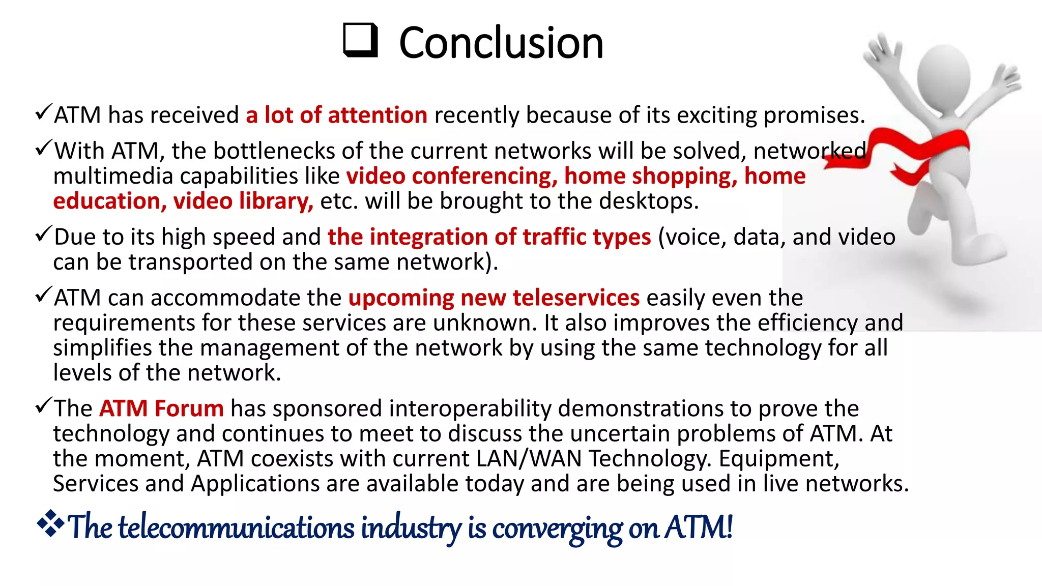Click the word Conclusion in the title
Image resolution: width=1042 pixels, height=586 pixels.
pyautogui.click(x=501, y=43)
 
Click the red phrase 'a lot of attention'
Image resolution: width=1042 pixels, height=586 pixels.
pyautogui.click(x=336, y=115)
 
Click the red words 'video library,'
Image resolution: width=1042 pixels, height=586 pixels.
pyautogui.click(x=243, y=201)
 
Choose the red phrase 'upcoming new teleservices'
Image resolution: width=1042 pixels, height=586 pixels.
pyautogui.click(x=494, y=298)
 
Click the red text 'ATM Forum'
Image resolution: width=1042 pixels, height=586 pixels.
pyautogui.click(x=161, y=408)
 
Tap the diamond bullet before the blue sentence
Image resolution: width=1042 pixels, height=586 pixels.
pyautogui.click(x=50, y=523)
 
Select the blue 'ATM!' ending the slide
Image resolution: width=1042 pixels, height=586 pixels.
pyautogui.click(x=699, y=527)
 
